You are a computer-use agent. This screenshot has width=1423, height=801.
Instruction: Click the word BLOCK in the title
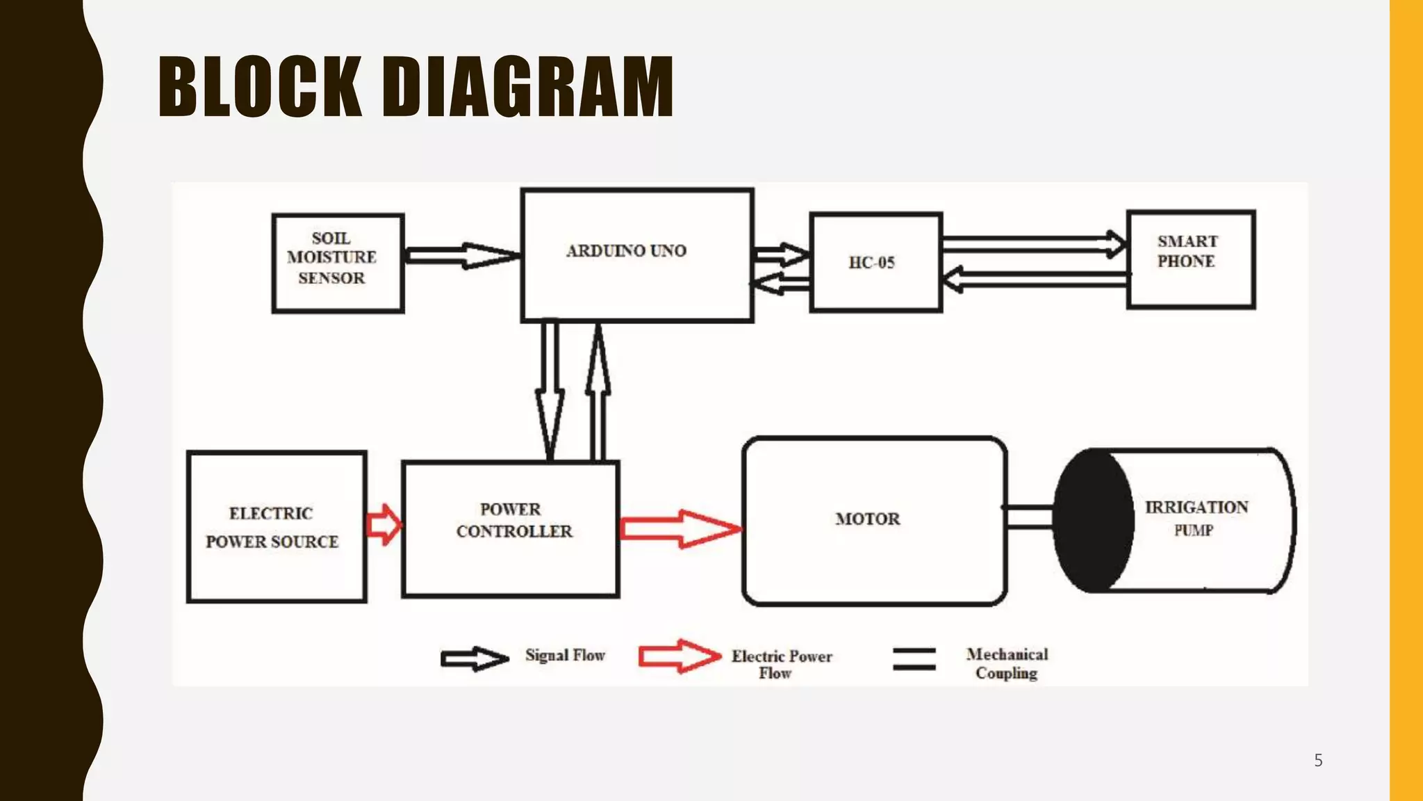pyautogui.click(x=260, y=87)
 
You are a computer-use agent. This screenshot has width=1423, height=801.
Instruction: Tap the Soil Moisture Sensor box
pyautogui.click(x=338, y=263)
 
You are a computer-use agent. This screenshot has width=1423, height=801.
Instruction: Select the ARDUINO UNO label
pyautogui.click(x=626, y=251)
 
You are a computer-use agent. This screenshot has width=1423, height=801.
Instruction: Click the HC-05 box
pyautogui.click(x=875, y=262)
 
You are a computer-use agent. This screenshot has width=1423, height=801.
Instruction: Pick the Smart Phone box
pyautogui.click(x=1190, y=259)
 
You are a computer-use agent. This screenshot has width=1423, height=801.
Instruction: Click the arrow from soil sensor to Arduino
pyautogui.click(x=462, y=255)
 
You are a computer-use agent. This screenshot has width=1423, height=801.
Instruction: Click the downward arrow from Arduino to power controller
pyautogui.click(x=550, y=389)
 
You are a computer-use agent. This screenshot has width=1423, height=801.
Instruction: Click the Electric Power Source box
pyautogui.click(x=277, y=526)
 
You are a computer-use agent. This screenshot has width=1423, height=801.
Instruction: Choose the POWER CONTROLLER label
pyautogui.click(x=513, y=520)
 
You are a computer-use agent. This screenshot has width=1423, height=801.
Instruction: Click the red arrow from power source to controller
pyautogui.click(x=384, y=524)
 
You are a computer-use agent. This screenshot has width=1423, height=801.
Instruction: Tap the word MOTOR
pyautogui.click(x=867, y=519)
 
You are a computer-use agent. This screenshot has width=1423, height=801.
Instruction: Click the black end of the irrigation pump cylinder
pyautogui.click(x=1092, y=520)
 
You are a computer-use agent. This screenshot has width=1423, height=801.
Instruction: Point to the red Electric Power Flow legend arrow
pyautogui.click(x=679, y=656)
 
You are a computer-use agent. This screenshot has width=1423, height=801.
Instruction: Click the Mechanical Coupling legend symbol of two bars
pyautogui.click(x=914, y=658)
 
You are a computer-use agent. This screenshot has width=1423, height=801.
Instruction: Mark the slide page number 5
pyautogui.click(x=1318, y=760)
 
